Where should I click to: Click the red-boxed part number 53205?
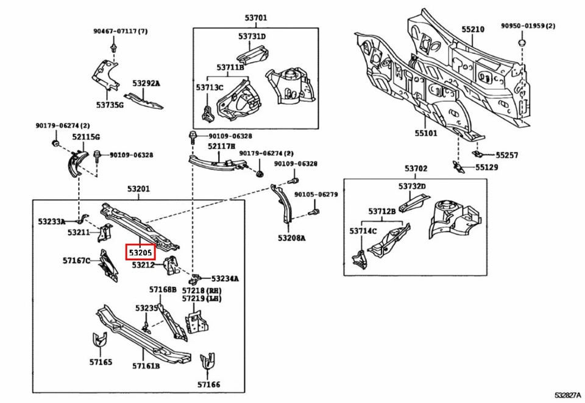tap(140, 251)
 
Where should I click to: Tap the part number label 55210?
tap(472, 29)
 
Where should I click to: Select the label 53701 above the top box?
tap(255, 18)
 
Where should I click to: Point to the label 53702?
tap(416, 169)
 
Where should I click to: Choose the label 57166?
tap(208, 384)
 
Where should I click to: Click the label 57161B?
tap(146, 366)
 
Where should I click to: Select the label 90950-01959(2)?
tap(528, 26)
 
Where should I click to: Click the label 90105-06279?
tap(316, 195)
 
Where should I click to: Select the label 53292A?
tap(146, 83)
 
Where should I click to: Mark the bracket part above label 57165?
tap(98, 342)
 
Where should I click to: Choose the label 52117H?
tap(221, 146)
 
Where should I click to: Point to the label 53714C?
tap(363, 231)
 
